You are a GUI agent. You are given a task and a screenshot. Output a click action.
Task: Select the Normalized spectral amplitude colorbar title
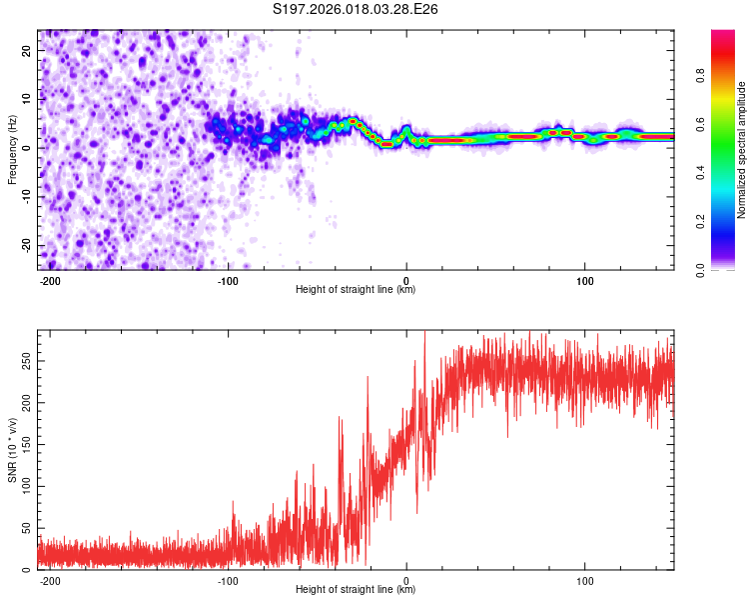pos(742,150)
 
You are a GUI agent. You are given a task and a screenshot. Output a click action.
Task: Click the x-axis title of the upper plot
pos(356,289)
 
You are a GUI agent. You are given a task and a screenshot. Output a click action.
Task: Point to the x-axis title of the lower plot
pos(356,590)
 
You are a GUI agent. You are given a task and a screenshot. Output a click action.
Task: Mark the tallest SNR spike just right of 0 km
pos(425,334)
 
